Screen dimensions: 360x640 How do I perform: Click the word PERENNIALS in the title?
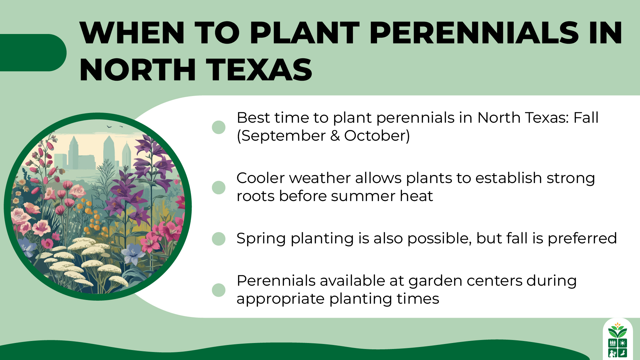[x=474, y=33]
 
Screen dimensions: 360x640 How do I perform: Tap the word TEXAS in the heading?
[x=259, y=70]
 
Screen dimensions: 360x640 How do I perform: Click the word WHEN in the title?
[x=132, y=33]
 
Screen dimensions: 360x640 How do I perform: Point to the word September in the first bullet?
[x=283, y=136]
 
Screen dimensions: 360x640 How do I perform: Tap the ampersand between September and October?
[x=335, y=136]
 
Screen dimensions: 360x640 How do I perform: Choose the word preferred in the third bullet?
[x=582, y=239]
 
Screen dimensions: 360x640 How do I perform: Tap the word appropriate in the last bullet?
[x=280, y=299]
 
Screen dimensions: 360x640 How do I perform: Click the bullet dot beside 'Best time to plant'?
[x=219, y=127]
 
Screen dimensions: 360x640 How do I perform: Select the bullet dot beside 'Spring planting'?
[x=219, y=239]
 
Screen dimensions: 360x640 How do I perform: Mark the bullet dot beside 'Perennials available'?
[x=219, y=290]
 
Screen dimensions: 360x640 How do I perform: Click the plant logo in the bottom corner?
[x=618, y=340]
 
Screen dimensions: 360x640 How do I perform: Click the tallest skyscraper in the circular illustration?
[x=109, y=152]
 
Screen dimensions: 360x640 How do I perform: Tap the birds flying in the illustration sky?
[x=113, y=127]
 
